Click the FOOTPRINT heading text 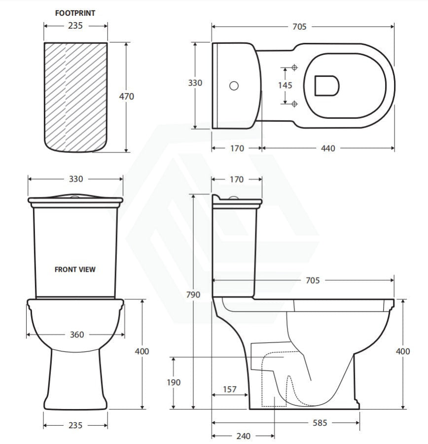tap(75, 13)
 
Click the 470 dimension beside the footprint tap(127, 97)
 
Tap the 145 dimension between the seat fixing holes tap(285, 85)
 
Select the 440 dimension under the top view tap(327, 148)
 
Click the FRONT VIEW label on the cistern tap(75, 269)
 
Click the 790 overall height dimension tap(193, 295)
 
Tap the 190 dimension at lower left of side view tap(174, 382)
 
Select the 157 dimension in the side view tap(229, 390)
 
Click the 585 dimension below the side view tap(319, 423)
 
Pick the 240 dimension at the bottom tap(243, 436)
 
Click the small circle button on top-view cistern tap(234, 85)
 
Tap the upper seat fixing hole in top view tap(294, 67)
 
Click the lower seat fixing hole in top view tap(294, 103)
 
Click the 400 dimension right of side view tap(403, 351)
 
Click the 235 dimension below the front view tap(75, 425)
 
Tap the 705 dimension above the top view tap(299, 27)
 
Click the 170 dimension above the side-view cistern tap(237, 180)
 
